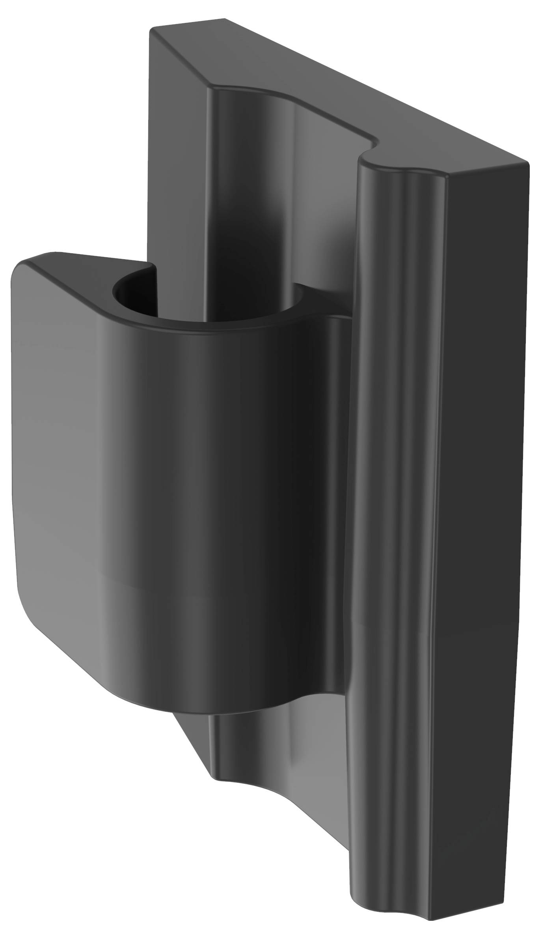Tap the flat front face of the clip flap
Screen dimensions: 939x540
59,454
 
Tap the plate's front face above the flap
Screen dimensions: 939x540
177,158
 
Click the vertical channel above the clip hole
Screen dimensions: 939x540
252,197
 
